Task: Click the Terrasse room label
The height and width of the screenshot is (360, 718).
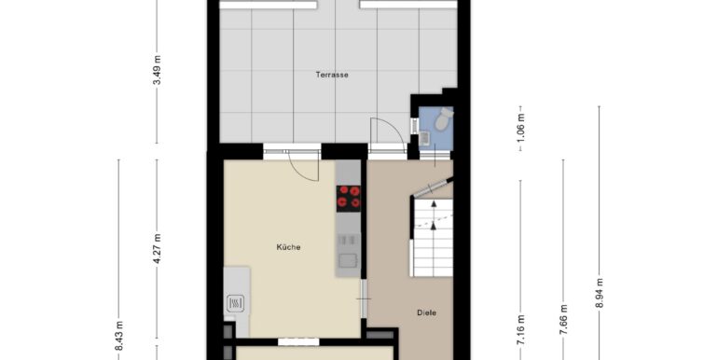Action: pos(332,75)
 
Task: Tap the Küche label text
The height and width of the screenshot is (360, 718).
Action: pos(288,247)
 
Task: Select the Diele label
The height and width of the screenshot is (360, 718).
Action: pos(426,312)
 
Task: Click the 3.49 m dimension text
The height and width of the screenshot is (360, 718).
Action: pos(157,70)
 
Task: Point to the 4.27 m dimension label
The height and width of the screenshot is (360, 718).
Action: pos(157,249)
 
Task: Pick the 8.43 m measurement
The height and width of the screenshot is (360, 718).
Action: pos(119,336)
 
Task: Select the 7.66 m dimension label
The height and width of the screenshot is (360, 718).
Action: pos(564,319)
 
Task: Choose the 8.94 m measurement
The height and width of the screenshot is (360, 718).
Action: pos(600,294)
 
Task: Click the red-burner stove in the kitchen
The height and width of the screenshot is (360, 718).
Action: pos(349,199)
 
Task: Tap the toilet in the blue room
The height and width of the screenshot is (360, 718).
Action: pos(443,119)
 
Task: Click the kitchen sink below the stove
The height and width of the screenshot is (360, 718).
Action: pos(349,255)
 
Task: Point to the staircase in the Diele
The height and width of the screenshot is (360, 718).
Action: pos(433,237)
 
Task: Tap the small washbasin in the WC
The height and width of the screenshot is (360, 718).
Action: pos(424,138)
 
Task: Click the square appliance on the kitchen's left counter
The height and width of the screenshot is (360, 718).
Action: pos(235,303)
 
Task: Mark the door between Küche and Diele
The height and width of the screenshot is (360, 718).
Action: pos(364,298)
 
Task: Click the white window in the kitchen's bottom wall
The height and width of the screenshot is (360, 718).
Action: pos(298,341)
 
